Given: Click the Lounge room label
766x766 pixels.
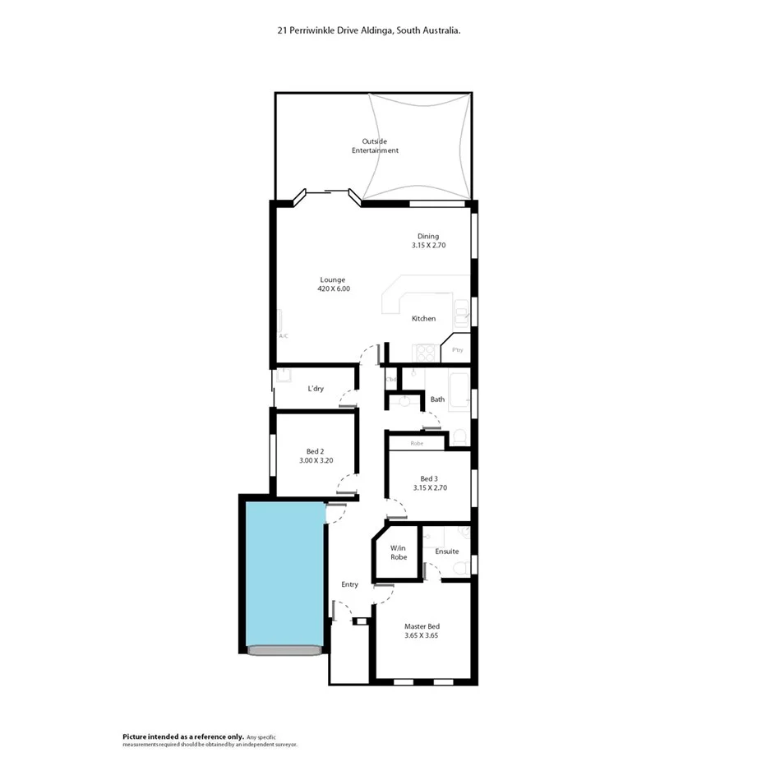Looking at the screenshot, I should [333, 279].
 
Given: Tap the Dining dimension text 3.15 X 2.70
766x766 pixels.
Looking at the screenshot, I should [428, 245].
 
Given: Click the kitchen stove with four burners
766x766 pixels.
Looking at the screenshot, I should [425, 353].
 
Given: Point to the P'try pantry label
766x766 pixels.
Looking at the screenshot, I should [457, 350].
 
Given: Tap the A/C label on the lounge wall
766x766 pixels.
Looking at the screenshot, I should [283, 335].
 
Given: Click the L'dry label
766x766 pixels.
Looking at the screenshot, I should [315, 389].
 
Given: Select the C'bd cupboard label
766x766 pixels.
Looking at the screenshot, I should [391, 379].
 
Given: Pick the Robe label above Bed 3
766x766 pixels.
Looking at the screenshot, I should [417, 443].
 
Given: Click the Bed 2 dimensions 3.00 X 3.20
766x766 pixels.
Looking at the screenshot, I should [316, 460].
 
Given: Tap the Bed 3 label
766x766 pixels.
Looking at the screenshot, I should [428, 479].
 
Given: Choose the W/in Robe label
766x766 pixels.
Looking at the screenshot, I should [399, 552].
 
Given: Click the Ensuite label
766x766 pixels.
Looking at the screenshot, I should [446, 551].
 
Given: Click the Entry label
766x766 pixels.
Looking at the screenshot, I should [350, 584].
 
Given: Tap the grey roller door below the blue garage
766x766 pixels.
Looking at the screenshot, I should [284, 650].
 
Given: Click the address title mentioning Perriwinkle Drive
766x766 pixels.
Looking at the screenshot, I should [368, 30].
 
